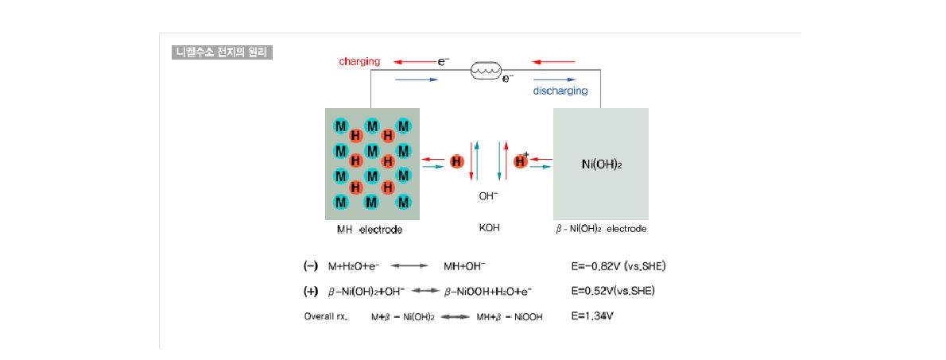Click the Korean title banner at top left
(222, 52)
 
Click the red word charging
(359, 61)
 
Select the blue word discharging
(560, 91)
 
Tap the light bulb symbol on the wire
(485, 71)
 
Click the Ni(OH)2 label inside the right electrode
(602, 164)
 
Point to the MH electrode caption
(369, 230)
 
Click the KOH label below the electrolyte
(489, 228)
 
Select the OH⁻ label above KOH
(488, 196)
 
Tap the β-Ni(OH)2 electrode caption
(601, 229)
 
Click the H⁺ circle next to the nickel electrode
(521, 161)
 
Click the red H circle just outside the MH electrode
(457, 161)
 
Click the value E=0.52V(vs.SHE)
(613, 291)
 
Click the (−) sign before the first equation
(310, 265)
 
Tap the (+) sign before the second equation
(310, 291)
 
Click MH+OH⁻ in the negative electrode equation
(464, 266)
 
